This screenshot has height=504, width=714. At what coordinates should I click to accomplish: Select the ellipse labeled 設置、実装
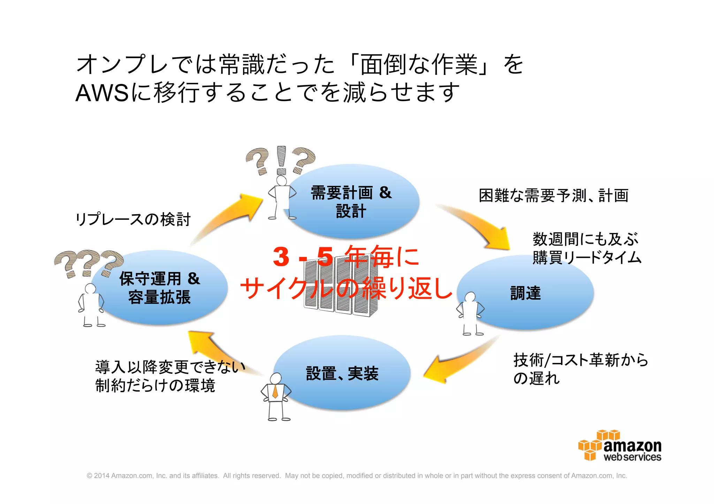[343, 373]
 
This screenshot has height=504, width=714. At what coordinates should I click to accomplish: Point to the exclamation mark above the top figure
[281, 160]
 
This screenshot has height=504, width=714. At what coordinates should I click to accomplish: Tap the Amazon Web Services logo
[620, 446]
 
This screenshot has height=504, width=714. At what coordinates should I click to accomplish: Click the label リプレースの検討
[133, 219]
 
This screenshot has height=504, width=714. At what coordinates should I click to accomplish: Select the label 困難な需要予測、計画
[554, 196]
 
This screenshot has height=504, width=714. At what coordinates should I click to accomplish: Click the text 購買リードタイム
[587, 258]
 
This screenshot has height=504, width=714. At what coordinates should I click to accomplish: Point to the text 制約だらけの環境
[155, 386]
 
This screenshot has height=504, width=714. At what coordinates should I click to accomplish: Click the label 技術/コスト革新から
[580, 360]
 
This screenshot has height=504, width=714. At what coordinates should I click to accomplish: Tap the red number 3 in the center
[281, 257]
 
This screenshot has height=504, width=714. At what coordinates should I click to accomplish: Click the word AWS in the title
[101, 93]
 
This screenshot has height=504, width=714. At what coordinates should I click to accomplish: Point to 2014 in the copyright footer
[102, 476]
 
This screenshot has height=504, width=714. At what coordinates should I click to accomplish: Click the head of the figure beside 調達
[470, 297]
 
